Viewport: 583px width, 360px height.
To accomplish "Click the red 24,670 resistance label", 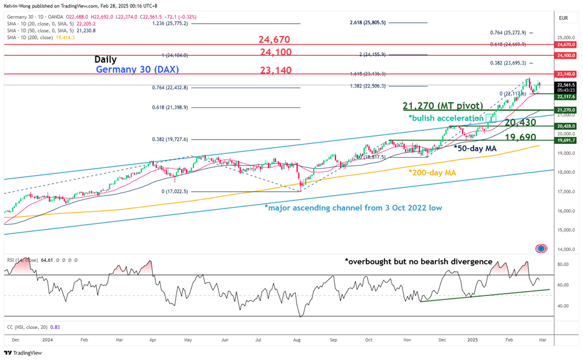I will (275, 40).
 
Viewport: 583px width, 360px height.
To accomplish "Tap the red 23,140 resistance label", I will (274, 70).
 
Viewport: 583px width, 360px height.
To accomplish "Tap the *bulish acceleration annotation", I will (445, 118).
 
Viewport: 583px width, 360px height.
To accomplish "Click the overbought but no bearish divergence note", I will (418, 261).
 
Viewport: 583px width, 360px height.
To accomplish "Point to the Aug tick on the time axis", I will (297, 340).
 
